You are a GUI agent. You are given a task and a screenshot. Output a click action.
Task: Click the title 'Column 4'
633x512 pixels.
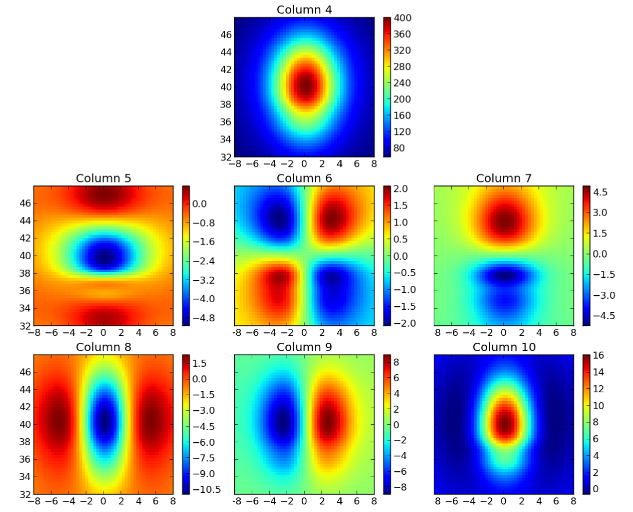point(304,10)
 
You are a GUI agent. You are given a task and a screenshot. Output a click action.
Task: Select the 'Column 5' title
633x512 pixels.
point(103,178)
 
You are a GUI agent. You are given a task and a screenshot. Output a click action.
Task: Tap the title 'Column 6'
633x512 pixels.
point(304,178)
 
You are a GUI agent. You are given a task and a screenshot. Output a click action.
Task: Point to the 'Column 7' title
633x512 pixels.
point(504,178)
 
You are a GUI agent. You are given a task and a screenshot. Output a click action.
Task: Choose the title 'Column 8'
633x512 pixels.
point(103,347)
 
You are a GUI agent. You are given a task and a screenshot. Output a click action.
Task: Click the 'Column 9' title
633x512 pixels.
point(304,347)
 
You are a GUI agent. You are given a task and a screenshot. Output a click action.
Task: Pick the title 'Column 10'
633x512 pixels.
point(504,347)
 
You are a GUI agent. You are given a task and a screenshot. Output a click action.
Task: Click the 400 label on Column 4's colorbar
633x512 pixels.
point(403,19)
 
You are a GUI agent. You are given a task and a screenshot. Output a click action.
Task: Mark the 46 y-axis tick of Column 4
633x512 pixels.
point(226,35)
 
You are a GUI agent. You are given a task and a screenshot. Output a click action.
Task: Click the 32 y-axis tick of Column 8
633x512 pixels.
point(26,494)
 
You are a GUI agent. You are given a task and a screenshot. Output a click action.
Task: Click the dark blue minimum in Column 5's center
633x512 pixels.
point(105,255)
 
